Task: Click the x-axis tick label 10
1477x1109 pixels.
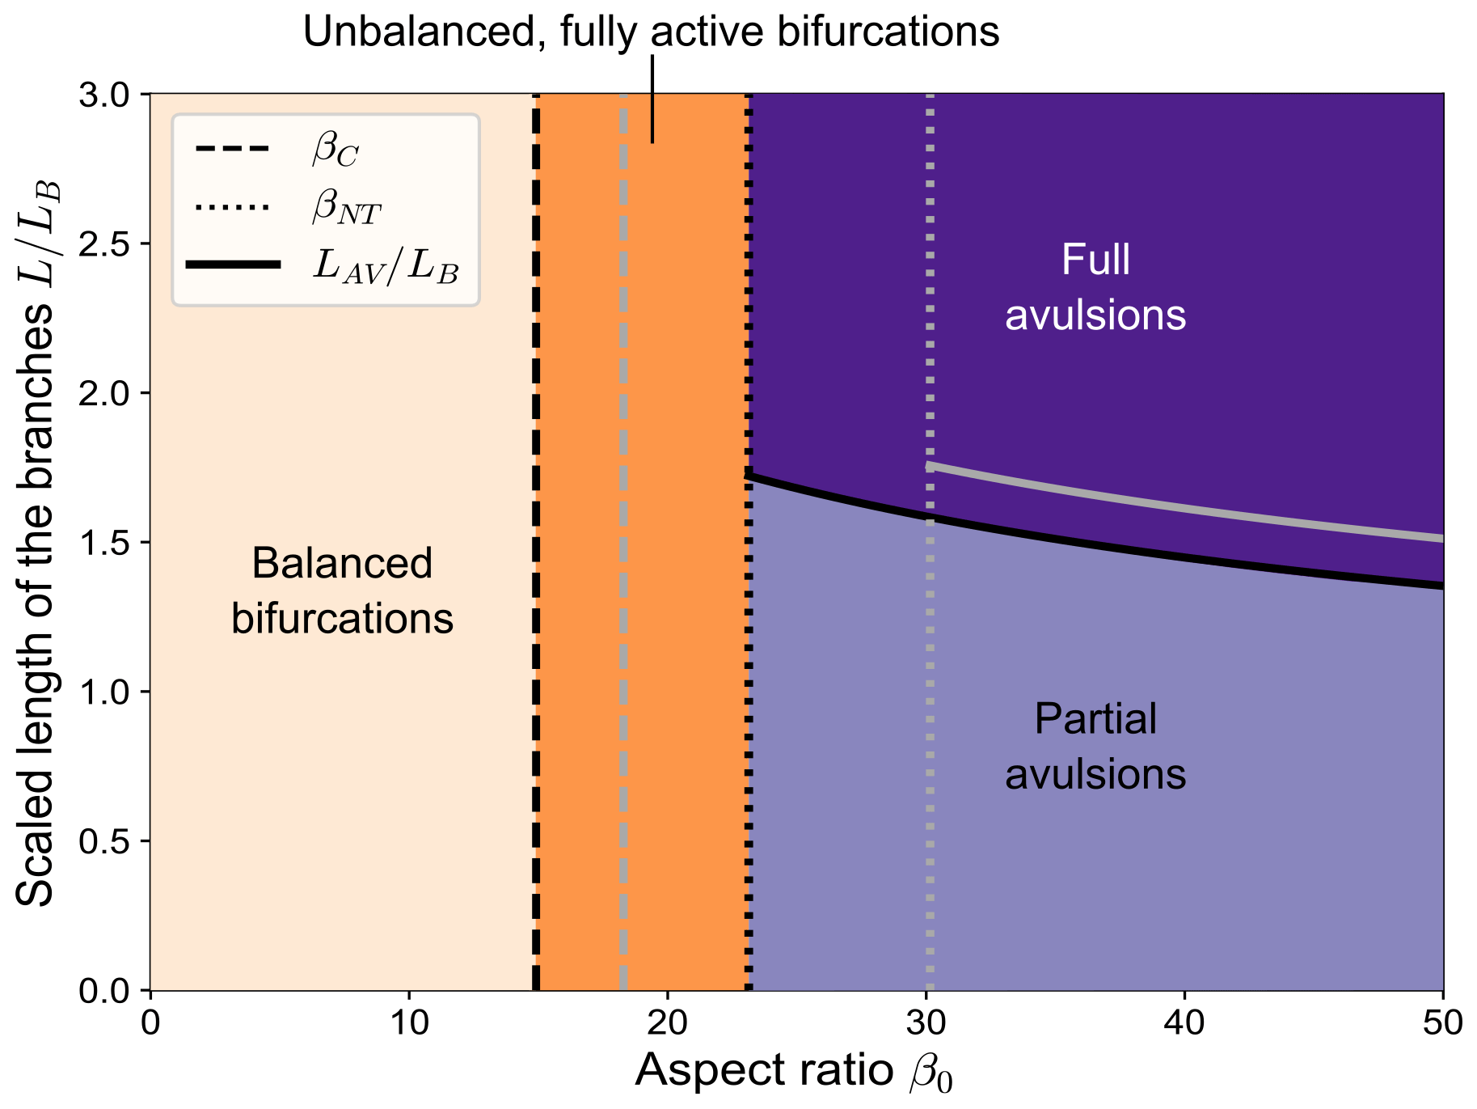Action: tap(409, 1024)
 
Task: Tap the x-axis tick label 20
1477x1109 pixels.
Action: tap(668, 1024)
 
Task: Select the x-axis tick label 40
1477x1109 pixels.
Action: tap(1184, 1024)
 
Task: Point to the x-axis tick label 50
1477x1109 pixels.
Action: tap(1443, 1024)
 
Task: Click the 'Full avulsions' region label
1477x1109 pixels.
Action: tap(1095, 287)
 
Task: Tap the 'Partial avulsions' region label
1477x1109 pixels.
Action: tap(1095, 746)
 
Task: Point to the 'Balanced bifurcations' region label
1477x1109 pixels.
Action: tap(342, 590)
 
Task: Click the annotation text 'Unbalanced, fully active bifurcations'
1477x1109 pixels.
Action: tap(651, 32)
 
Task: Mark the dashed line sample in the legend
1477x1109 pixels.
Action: tap(232, 150)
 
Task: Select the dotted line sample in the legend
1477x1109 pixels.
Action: tap(232, 208)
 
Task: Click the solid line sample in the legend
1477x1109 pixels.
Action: tap(232, 265)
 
